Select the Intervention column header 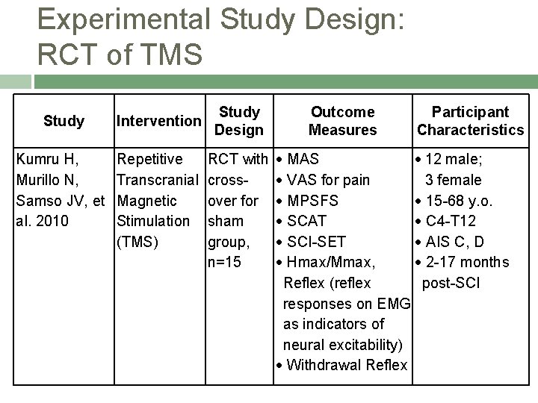click(158, 120)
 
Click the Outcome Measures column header click(343, 120)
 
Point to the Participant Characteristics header click(471, 120)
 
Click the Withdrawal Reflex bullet click(346, 365)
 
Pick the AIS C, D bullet click(455, 242)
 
